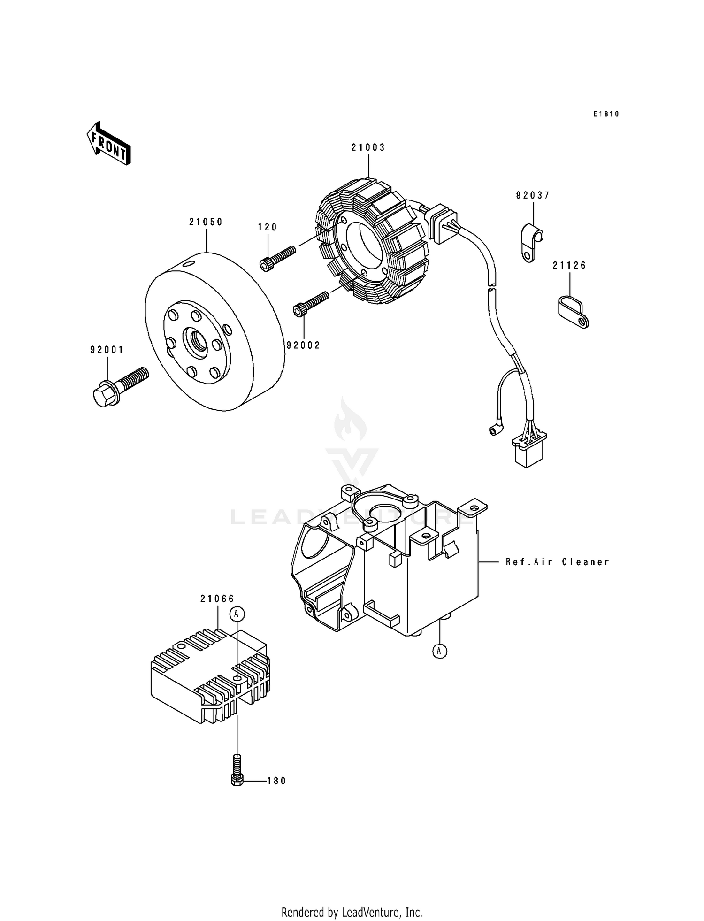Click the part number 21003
click(368, 147)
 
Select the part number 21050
click(206, 222)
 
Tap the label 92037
click(533, 195)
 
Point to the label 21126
click(569, 265)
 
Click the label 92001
click(107, 350)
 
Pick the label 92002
click(303, 345)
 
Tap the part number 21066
click(217, 599)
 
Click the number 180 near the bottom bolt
click(276, 781)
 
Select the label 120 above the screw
click(268, 227)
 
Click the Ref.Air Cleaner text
click(558, 561)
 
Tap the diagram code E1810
click(606, 114)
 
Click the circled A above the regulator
click(237, 614)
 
